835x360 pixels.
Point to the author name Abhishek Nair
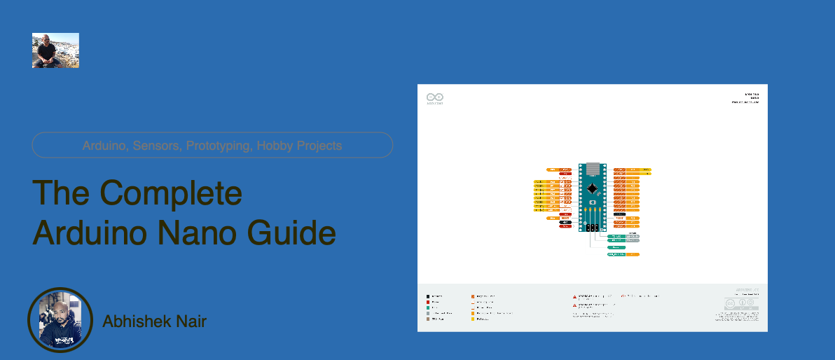click(154, 321)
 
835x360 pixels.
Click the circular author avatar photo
click(60, 320)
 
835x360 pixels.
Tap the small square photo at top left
click(55, 50)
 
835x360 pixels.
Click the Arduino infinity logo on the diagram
click(435, 97)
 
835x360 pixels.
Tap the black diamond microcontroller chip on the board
click(593, 188)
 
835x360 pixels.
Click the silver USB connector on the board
click(593, 169)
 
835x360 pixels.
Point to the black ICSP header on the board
click(593, 228)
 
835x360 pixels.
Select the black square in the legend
click(428, 296)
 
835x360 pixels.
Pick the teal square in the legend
click(428, 307)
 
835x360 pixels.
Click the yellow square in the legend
click(473, 319)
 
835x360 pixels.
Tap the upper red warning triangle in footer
click(575, 296)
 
